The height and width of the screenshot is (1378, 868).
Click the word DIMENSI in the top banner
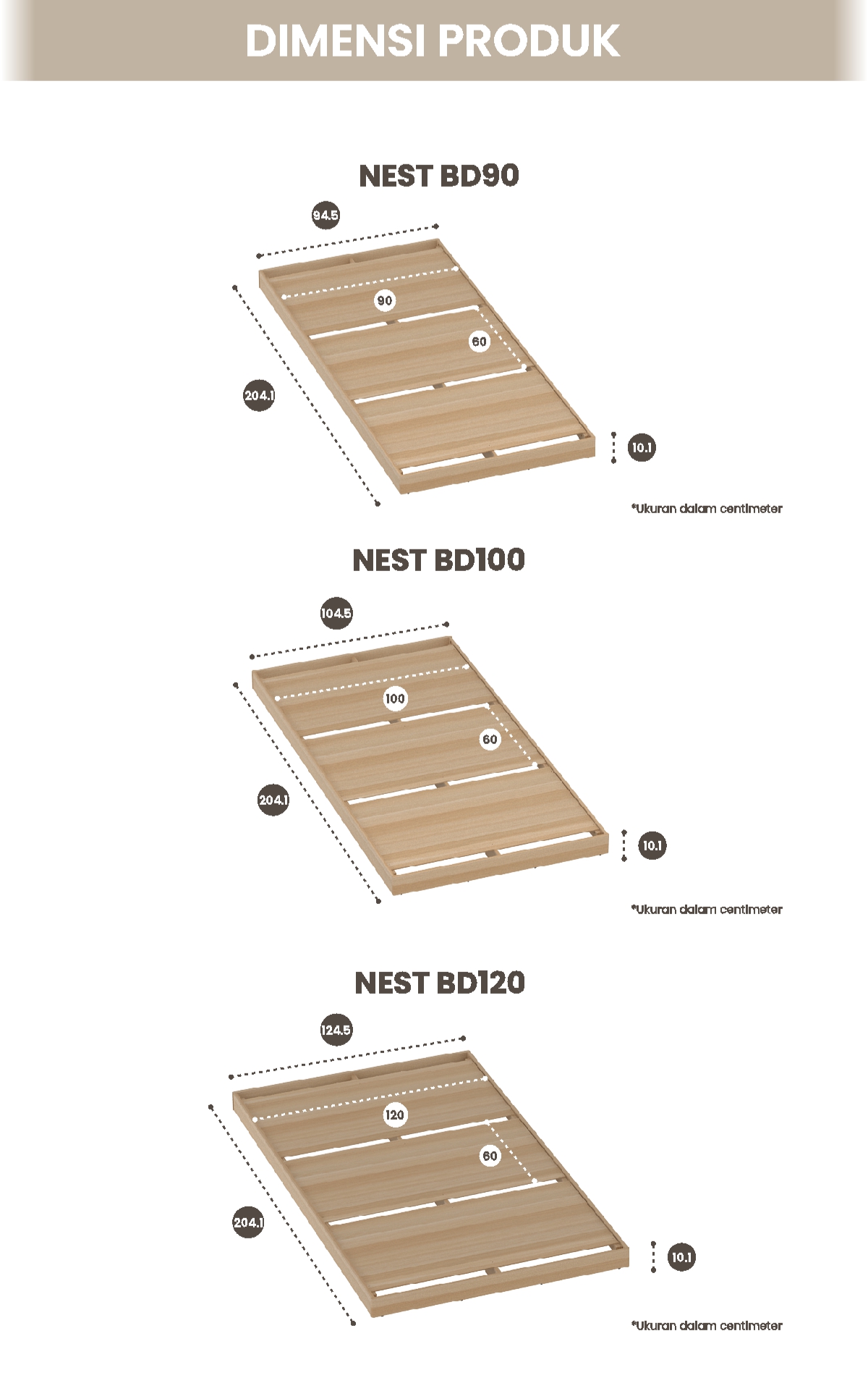[334, 41]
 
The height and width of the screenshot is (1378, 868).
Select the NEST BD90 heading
[438, 176]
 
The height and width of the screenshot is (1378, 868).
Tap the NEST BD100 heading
[438, 560]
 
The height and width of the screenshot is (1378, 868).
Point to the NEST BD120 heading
[439, 983]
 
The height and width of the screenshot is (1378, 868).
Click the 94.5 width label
[325, 215]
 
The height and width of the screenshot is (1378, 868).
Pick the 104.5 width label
[336, 614]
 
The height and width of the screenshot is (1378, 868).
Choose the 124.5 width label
[336, 1030]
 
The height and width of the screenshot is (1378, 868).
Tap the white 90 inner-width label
[384, 300]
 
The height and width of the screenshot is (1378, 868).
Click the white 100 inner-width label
[395, 698]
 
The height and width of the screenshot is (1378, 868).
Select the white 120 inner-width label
[394, 1115]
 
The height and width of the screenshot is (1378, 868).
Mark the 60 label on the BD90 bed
[479, 342]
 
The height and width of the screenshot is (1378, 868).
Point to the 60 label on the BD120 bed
[490, 1156]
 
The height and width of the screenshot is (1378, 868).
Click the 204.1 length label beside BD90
[259, 396]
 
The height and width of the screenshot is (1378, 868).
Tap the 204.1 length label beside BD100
[273, 800]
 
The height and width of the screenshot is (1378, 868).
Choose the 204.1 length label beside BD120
[248, 1222]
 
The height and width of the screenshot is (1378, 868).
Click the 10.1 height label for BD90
[642, 447]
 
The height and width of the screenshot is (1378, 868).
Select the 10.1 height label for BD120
[681, 1257]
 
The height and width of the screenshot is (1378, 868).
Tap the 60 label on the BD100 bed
[490, 739]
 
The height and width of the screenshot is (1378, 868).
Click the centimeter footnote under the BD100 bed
[707, 909]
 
